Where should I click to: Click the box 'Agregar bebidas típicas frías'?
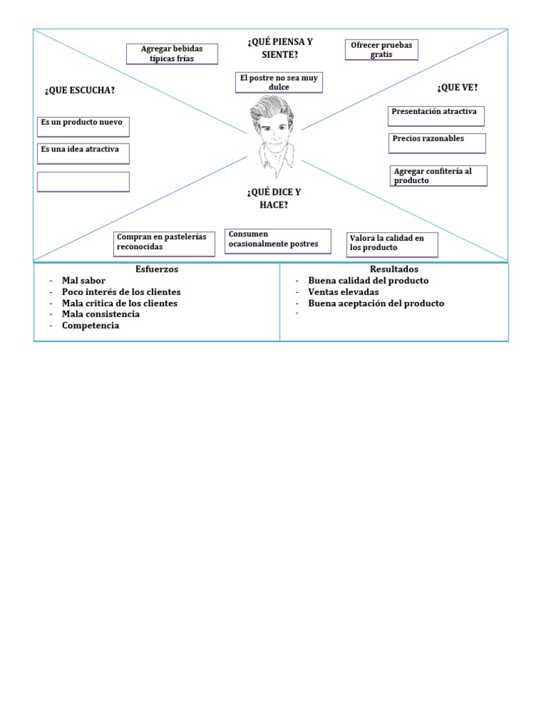pyautogui.click(x=172, y=54)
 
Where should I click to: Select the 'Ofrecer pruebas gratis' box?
pyautogui.click(x=381, y=50)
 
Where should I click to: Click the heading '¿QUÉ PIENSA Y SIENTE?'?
pyautogui.click(x=280, y=48)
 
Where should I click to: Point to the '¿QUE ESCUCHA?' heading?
pyautogui.click(x=80, y=89)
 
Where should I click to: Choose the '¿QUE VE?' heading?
pyautogui.click(x=457, y=87)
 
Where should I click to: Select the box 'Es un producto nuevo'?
pyautogui.click(x=83, y=126)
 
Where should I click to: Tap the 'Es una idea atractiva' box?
pyautogui.click(x=83, y=153)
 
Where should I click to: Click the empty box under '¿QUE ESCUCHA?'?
pyautogui.click(x=83, y=182)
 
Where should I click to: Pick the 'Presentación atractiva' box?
pyautogui.click(x=436, y=115)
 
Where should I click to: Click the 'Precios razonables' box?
pyautogui.click(x=437, y=142)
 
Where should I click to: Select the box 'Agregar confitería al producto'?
pyautogui.click(x=438, y=175)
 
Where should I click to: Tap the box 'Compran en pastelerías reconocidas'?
pyautogui.click(x=165, y=242)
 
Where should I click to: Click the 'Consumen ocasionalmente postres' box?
pyautogui.click(x=278, y=239)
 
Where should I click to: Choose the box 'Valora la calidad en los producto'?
pyautogui.click(x=392, y=244)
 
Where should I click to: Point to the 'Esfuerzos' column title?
pyautogui.click(x=156, y=269)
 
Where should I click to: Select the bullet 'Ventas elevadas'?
pyautogui.click(x=343, y=291)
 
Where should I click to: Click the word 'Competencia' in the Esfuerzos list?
pyautogui.click(x=90, y=325)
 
